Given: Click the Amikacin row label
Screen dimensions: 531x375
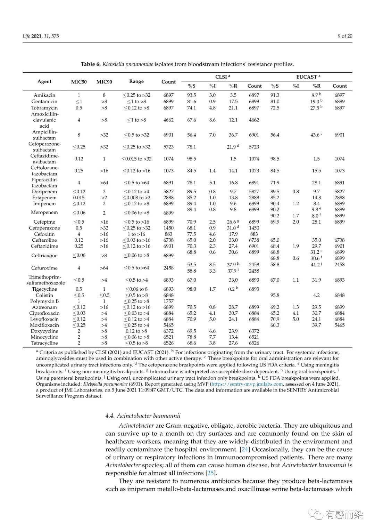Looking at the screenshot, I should tap(44, 95).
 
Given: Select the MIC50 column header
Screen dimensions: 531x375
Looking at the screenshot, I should tap(79, 82).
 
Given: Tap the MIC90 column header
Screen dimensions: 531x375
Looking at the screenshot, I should tap(104, 82).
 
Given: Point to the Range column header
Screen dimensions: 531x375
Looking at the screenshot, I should tap(136, 81).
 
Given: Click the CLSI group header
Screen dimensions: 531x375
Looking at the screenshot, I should tap(223, 77).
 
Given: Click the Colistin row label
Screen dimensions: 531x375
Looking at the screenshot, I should tap(44, 295).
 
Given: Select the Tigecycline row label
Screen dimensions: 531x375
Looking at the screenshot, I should tap(44, 289).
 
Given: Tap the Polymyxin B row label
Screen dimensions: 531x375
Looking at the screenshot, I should tap(44, 301).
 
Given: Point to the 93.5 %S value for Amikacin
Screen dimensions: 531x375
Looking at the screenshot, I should tap(192, 95).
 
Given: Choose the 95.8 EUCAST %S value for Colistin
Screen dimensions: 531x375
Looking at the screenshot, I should tap(275, 295).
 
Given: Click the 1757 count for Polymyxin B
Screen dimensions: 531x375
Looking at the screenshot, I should tap(168, 301).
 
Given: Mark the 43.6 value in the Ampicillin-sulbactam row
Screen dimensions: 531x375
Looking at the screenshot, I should tap(316, 135).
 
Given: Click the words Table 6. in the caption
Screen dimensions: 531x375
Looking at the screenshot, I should tap(91, 64).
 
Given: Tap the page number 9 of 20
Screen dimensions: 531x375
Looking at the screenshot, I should tap(345, 36).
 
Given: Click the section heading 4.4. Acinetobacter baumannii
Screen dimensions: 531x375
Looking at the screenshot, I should tap(143, 416).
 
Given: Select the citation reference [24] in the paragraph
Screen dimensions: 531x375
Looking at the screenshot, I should tap(245, 449).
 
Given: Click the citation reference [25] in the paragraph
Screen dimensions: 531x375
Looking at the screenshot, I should tap(210, 473).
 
